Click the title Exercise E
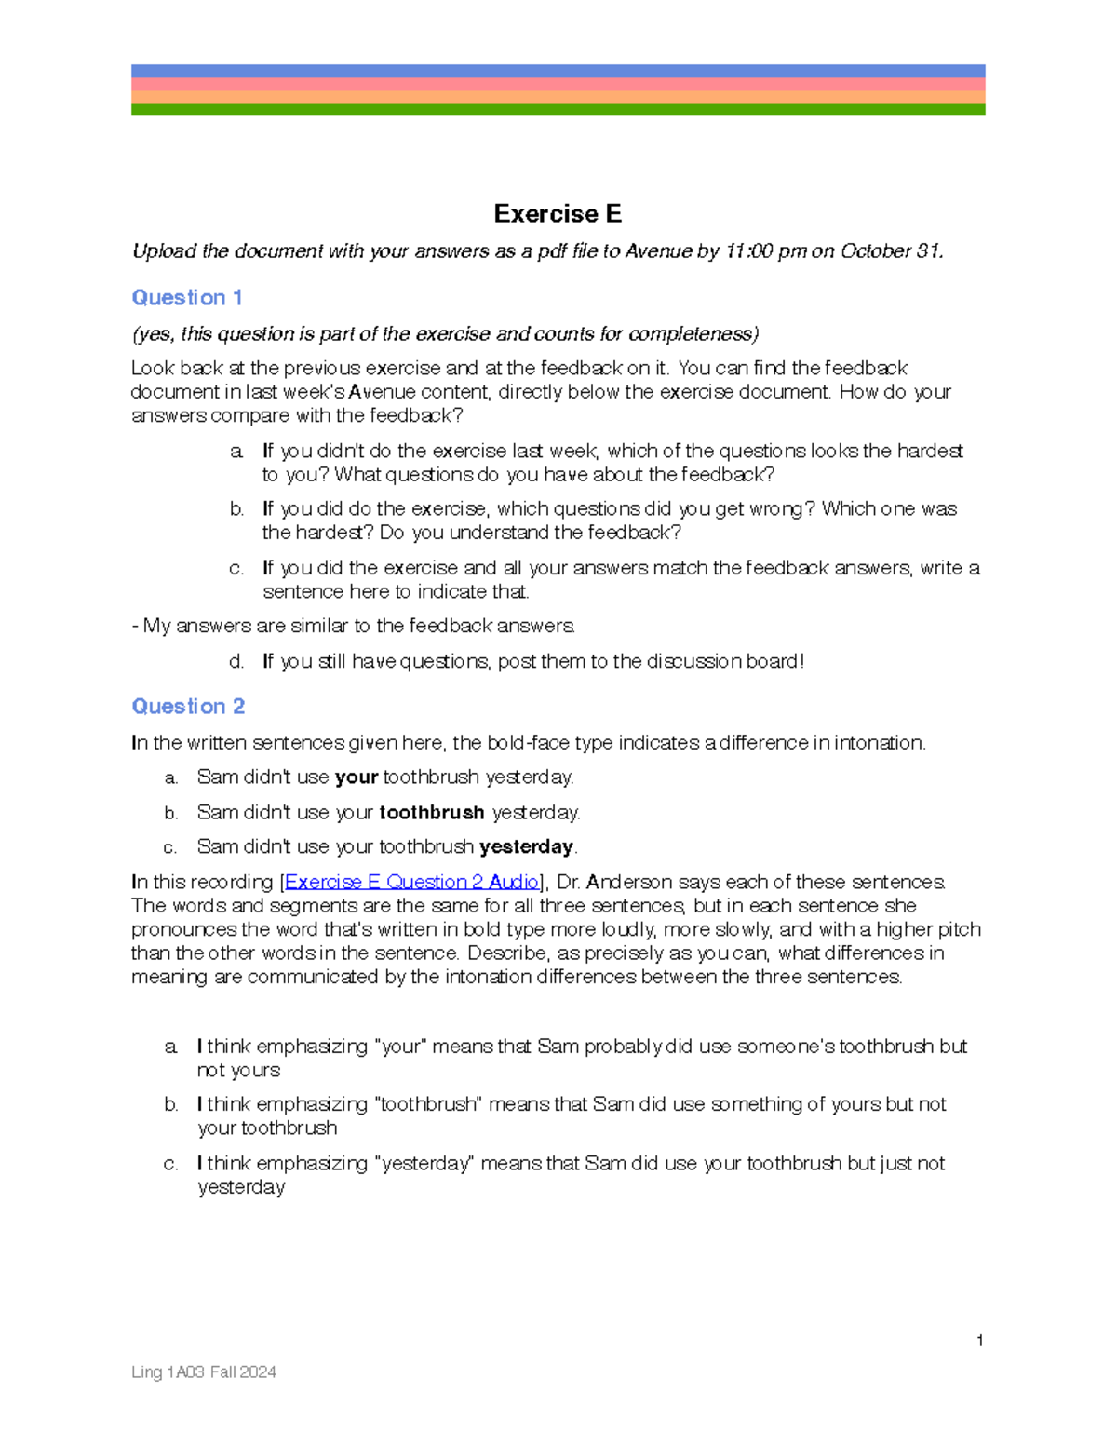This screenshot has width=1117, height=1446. [x=558, y=214]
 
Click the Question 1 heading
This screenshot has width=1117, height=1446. [x=187, y=298]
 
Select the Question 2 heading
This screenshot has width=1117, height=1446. [x=188, y=707]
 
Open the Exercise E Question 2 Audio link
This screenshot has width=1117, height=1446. [x=411, y=882]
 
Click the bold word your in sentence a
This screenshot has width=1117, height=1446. [x=357, y=777]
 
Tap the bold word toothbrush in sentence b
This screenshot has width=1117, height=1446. [x=432, y=813]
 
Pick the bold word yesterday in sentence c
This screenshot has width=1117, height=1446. [x=526, y=847]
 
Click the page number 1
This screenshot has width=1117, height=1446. [x=980, y=1341]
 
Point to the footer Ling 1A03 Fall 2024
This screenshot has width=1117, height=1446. [x=204, y=1372]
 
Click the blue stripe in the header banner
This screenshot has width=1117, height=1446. [x=558, y=71]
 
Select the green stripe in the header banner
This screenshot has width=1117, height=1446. [x=558, y=110]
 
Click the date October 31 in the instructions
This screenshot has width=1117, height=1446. [x=890, y=251]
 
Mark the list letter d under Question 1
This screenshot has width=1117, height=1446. [x=236, y=662]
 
